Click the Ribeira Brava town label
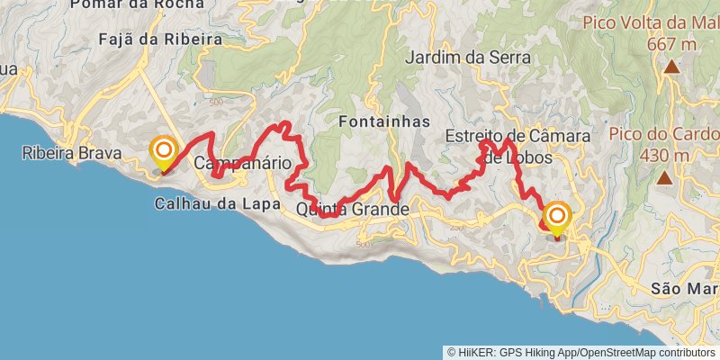click(73, 154)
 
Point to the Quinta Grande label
click(352, 210)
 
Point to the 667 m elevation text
click(671, 43)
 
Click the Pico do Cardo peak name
click(663, 135)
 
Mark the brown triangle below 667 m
click(671, 67)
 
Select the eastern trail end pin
click(557, 218)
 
